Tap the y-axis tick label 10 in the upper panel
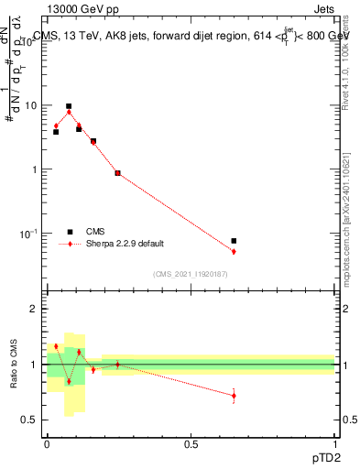click(x=31, y=106)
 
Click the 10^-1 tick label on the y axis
click(x=29, y=234)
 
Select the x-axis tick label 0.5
click(x=191, y=443)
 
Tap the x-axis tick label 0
click(x=47, y=443)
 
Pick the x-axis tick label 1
click(x=334, y=443)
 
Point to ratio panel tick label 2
click(x=36, y=310)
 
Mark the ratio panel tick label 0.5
click(x=30, y=420)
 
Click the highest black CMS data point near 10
click(x=69, y=106)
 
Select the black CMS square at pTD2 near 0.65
click(x=234, y=241)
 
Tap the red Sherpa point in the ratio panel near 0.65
click(x=234, y=396)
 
